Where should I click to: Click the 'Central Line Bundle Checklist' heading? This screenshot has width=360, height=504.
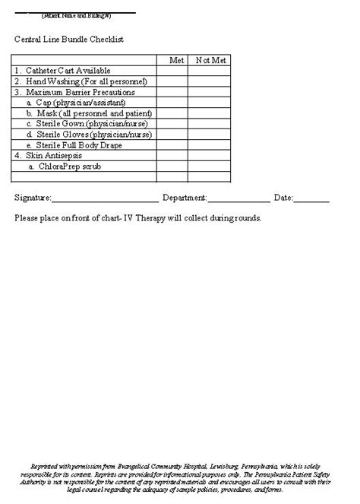[x=69, y=39]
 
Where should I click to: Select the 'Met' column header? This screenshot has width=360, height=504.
[x=176, y=59]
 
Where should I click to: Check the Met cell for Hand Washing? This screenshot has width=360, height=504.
[x=172, y=81]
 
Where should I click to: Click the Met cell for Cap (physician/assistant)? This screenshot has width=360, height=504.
[x=172, y=103]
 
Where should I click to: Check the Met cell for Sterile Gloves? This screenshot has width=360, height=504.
[x=172, y=134]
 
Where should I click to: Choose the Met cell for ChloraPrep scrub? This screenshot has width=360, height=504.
[x=172, y=166]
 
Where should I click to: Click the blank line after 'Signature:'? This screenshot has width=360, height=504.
[x=104, y=199]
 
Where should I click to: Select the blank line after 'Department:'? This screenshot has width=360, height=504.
[x=238, y=199]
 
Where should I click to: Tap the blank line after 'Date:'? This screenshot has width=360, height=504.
[x=311, y=199]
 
